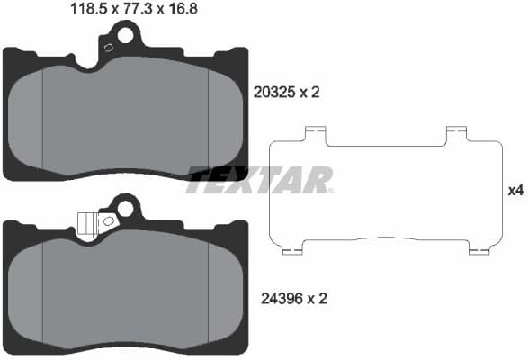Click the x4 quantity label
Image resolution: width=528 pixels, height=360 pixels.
click(x=515, y=190)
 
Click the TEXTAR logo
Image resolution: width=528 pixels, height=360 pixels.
click(x=260, y=180)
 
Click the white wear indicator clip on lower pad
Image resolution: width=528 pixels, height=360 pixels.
click(x=86, y=222)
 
